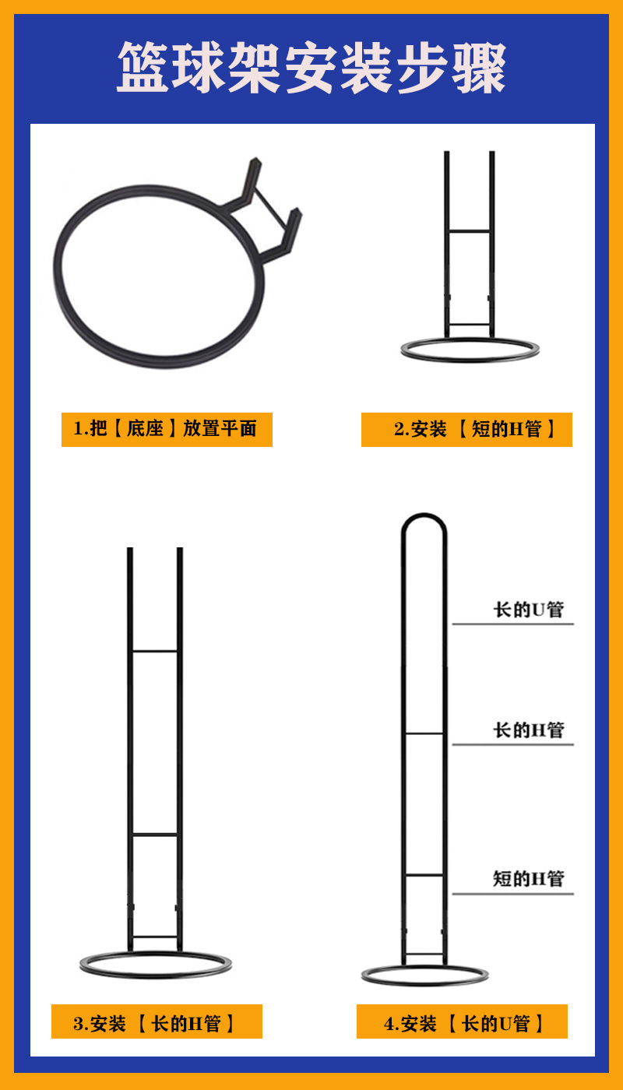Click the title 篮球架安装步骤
(x=311, y=69)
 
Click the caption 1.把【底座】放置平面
(x=167, y=429)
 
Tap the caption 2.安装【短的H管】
(x=466, y=429)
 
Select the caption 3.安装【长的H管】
(x=157, y=1022)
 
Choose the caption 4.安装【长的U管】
(x=462, y=1022)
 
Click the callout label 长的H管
(x=527, y=730)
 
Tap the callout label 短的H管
(x=527, y=878)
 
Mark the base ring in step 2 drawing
(x=470, y=357)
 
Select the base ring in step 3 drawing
(x=156, y=971)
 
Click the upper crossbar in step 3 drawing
(x=155, y=651)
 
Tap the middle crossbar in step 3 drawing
(x=155, y=835)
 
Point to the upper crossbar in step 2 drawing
(x=470, y=230)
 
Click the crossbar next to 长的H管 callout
(x=424, y=733)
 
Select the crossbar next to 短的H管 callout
(x=424, y=875)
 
